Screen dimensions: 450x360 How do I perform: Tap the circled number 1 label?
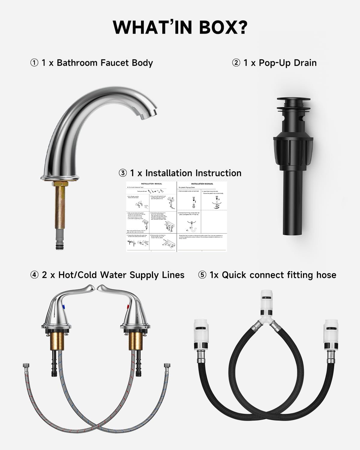[34, 63]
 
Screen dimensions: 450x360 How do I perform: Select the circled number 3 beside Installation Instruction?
[123, 173]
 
